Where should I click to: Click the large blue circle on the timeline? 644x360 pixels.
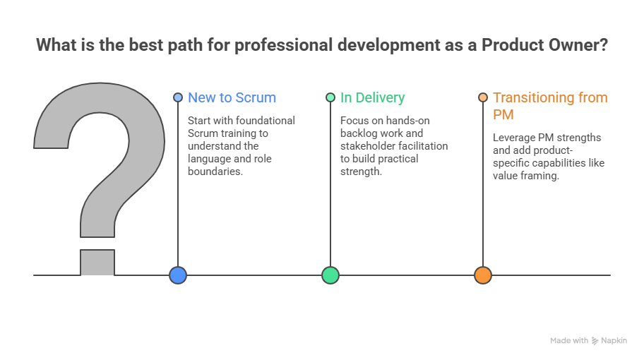(178, 275)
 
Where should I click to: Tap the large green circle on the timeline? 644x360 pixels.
(330, 275)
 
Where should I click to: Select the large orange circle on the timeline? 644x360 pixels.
(483, 275)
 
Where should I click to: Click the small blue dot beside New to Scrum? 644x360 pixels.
(178, 97)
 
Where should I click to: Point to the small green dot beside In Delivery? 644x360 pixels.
(330, 97)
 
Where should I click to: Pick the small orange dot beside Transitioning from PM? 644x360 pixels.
(483, 97)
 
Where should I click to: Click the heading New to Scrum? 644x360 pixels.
(232, 97)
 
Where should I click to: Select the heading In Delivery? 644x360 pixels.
(373, 97)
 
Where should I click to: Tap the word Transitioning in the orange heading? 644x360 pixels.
(535, 97)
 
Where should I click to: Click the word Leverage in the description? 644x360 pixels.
(514, 138)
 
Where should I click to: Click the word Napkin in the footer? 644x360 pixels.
(614, 340)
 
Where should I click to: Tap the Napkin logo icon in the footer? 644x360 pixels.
(595, 340)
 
